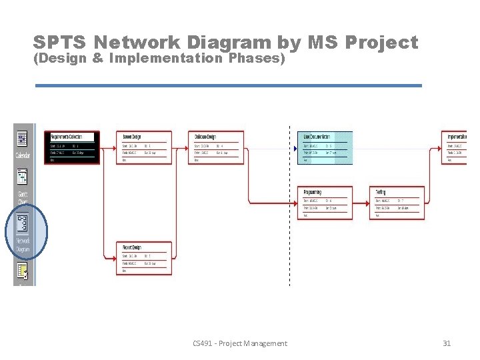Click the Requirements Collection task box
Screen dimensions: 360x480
(x=72, y=147)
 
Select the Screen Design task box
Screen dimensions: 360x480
(x=144, y=147)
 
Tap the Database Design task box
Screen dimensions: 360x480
(x=216, y=147)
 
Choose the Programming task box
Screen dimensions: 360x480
(x=324, y=203)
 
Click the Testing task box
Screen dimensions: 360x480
(x=397, y=203)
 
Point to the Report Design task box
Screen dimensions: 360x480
(x=144, y=258)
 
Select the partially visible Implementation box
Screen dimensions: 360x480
(x=456, y=147)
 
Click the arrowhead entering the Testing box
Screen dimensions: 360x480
(x=368, y=203)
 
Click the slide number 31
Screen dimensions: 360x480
(x=447, y=343)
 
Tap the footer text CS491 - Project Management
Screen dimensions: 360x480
(x=239, y=343)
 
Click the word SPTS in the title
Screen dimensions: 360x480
(x=59, y=43)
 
